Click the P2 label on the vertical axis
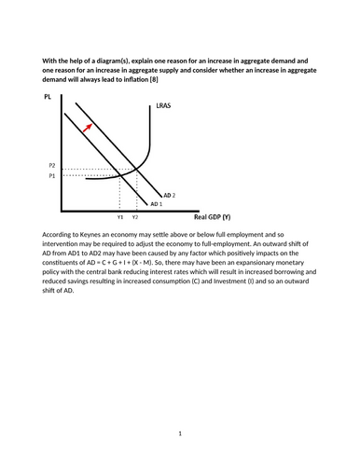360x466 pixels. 51,165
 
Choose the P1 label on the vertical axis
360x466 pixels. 51,174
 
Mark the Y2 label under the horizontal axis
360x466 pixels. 135,216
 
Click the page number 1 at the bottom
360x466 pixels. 180,432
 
